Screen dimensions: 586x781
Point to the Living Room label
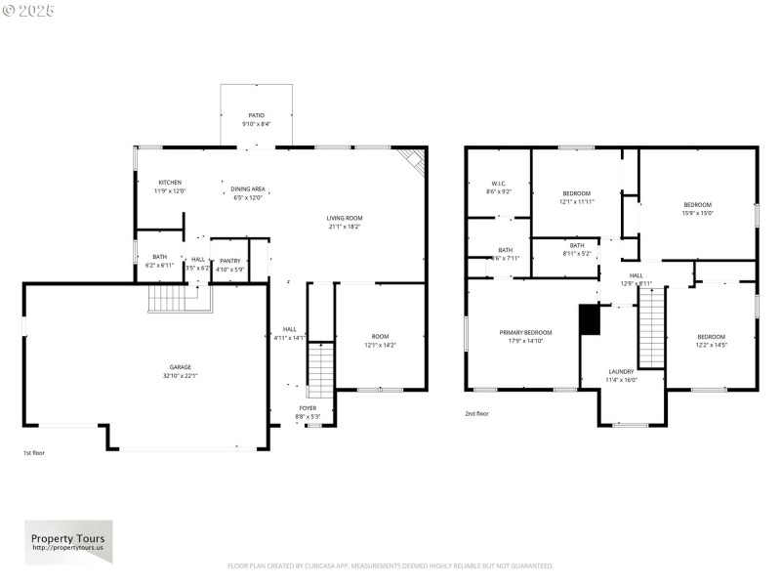[x=344, y=222]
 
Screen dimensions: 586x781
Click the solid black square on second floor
[x=589, y=319]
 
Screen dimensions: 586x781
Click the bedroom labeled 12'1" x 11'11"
[x=576, y=197]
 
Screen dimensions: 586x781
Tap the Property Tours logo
[x=68, y=542]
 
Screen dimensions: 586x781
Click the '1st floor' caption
[x=34, y=452]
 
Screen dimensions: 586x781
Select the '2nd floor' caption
[x=476, y=413]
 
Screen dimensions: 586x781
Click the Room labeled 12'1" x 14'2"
[x=381, y=341]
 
